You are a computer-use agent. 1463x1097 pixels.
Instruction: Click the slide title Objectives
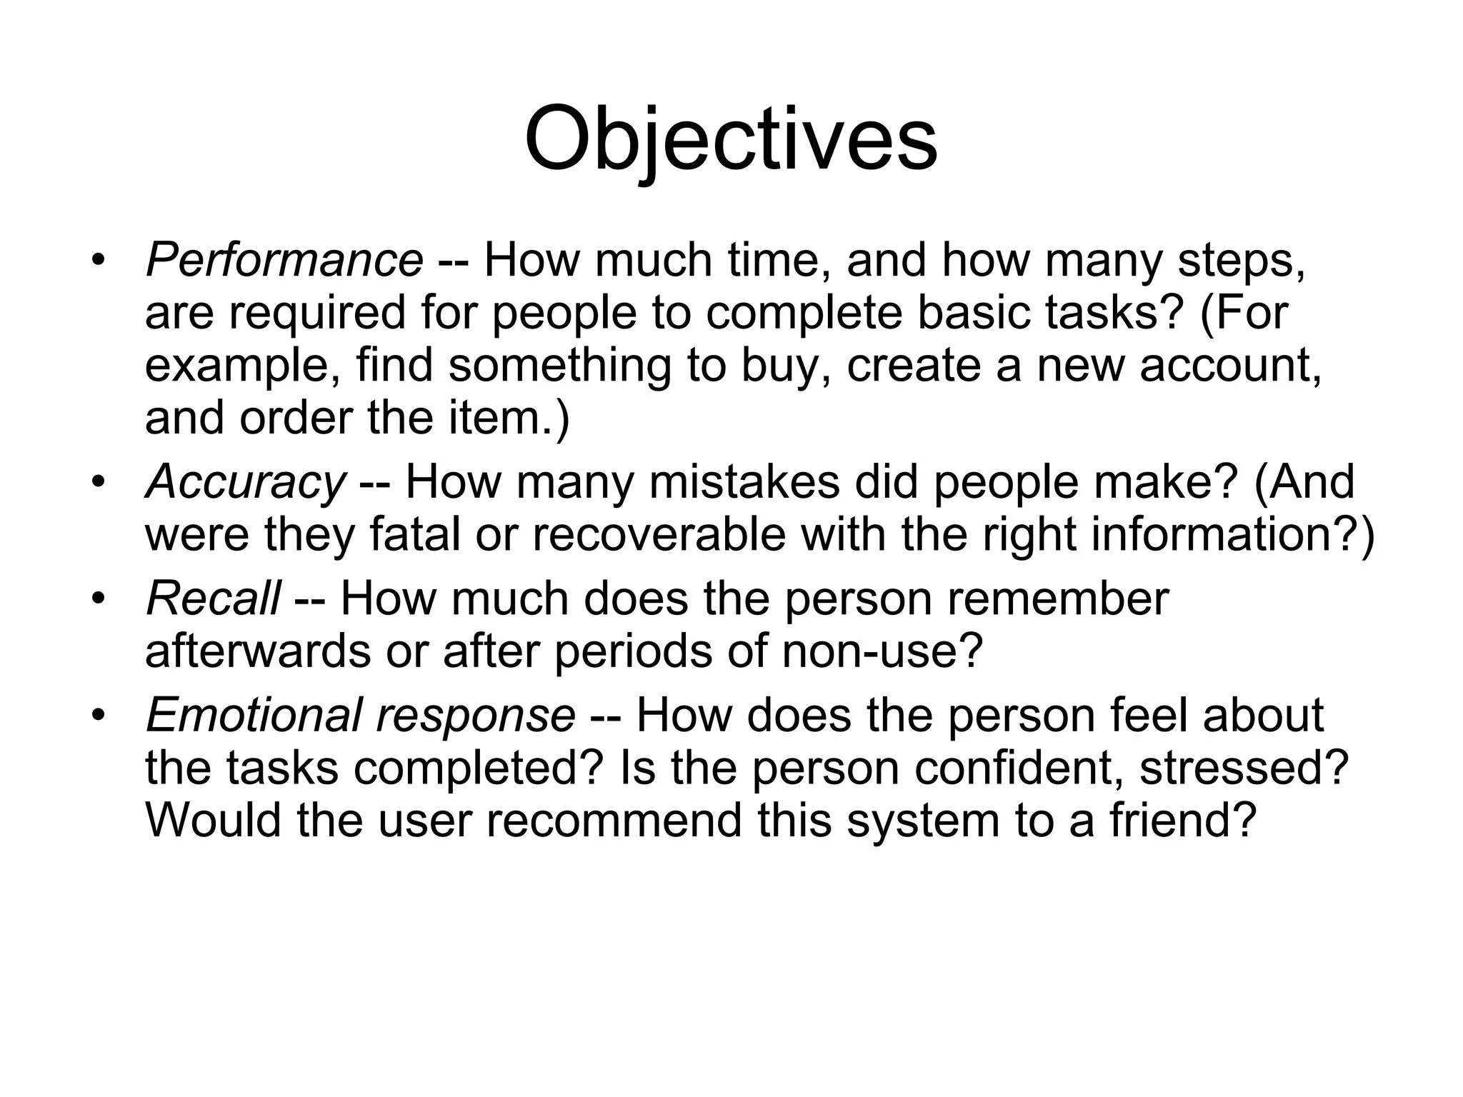pos(731,139)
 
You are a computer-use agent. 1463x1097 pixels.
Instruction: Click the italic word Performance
pos(284,260)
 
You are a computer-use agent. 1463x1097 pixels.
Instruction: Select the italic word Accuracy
pos(245,482)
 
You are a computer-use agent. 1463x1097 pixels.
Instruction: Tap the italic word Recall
pos(213,598)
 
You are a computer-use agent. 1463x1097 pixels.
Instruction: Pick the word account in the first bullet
pos(1229,366)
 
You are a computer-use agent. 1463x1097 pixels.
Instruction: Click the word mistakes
pos(744,482)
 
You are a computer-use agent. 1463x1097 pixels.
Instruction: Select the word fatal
pos(414,535)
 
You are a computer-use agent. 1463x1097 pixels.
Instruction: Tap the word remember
pos(1058,598)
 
